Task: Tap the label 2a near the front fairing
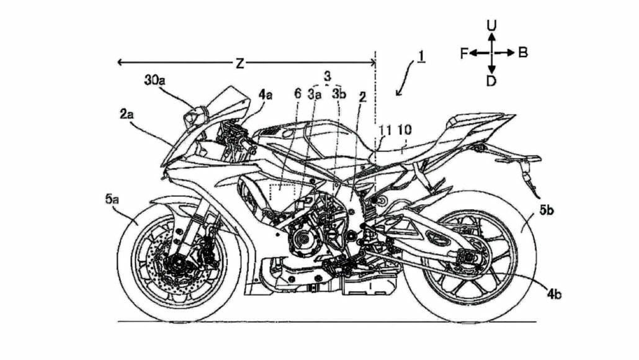click(127, 114)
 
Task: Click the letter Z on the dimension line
click(238, 62)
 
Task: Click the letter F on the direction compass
click(463, 53)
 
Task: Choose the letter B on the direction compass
click(522, 53)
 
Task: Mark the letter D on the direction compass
click(491, 81)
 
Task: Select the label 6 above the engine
click(297, 95)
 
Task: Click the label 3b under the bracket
click(339, 95)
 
